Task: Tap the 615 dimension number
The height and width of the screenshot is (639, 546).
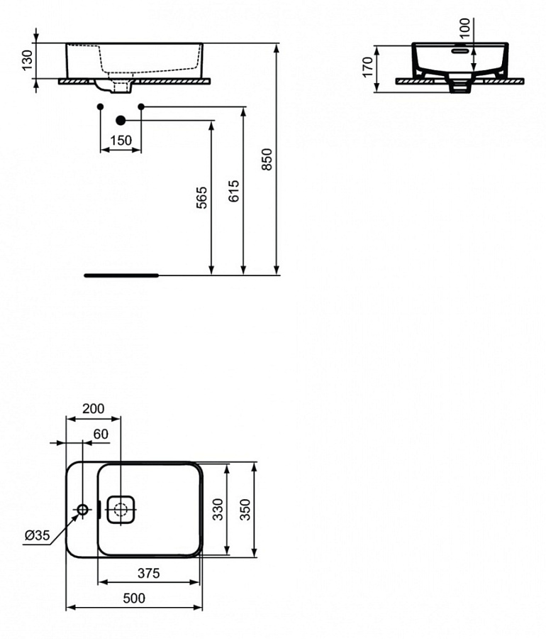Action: point(235,192)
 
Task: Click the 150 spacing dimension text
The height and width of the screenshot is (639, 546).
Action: point(121,141)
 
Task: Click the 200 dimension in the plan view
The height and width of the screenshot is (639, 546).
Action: point(94,408)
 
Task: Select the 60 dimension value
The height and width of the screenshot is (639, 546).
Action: point(100,434)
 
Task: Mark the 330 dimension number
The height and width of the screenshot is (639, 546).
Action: point(218,509)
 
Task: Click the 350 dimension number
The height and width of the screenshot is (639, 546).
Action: point(245,509)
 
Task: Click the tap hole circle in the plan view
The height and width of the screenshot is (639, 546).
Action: point(83,509)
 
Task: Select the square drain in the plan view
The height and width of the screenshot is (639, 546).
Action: point(121,509)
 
